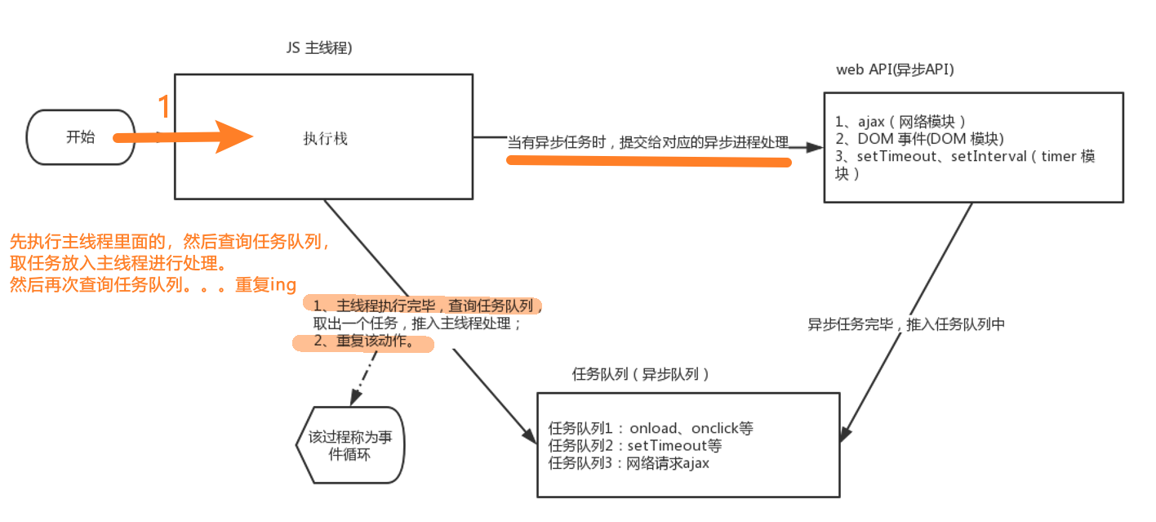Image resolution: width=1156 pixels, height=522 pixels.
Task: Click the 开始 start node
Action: click(x=80, y=137)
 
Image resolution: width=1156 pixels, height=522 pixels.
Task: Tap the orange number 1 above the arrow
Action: click(x=164, y=107)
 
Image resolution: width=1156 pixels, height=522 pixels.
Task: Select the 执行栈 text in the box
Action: click(x=324, y=139)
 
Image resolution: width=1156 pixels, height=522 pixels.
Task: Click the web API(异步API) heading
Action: click(x=895, y=69)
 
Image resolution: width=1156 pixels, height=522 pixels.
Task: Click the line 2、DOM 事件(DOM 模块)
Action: click(x=918, y=138)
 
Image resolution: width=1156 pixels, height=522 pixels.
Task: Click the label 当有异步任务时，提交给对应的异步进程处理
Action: click(x=648, y=143)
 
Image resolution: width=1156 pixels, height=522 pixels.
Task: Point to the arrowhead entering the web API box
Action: click(x=813, y=147)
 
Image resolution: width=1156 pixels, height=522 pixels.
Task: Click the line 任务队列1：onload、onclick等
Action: click(x=651, y=428)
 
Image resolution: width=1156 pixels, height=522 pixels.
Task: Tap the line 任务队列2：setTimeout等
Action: click(x=635, y=446)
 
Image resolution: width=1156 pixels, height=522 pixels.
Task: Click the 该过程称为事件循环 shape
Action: click(x=349, y=445)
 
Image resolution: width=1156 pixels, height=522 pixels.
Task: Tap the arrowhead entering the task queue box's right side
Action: click(x=847, y=435)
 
